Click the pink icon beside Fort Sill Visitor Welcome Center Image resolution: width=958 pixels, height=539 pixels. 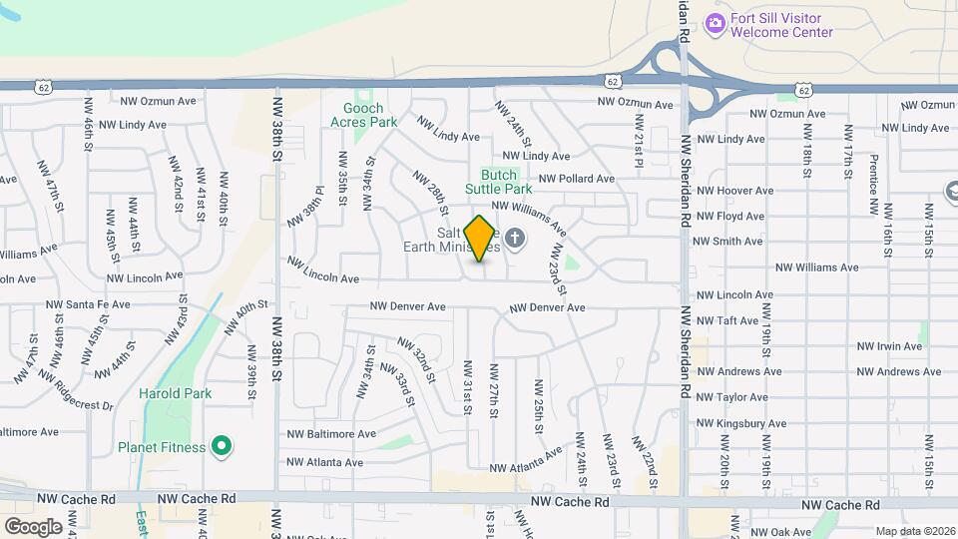tap(714, 23)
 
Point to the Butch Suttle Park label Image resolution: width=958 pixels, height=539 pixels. tap(499, 181)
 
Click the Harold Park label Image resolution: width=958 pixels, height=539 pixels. tap(176, 393)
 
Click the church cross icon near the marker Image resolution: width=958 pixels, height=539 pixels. tap(515, 238)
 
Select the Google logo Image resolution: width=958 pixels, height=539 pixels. tap(33, 526)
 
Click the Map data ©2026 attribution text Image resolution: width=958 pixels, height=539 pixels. tap(915, 531)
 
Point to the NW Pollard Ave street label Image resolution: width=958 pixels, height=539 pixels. tap(577, 179)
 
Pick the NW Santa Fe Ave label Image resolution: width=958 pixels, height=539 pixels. tap(88, 304)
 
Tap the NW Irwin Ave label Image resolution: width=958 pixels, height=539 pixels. tap(890, 346)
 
